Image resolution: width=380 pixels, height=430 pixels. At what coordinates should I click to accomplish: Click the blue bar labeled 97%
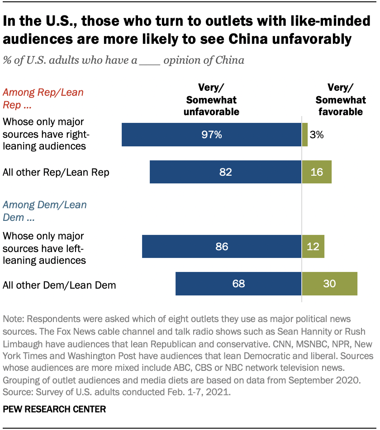tap(211, 135)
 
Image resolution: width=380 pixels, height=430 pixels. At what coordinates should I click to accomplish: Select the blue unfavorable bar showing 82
tap(225, 172)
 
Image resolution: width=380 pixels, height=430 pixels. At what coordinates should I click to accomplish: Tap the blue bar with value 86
tap(222, 247)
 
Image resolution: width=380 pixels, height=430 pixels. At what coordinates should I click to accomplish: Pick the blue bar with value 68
tap(238, 284)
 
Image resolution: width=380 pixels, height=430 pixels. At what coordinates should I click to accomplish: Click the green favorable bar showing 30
tap(329, 284)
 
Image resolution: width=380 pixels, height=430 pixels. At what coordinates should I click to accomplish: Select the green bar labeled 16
tap(317, 172)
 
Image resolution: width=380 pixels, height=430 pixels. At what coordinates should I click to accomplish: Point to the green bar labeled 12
tap(313, 247)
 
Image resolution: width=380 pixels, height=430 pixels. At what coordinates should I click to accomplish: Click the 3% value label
tap(316, 135)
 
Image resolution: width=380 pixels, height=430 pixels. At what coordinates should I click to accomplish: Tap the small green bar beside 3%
tap(305, 135)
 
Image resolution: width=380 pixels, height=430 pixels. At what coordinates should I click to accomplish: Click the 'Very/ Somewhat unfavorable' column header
tap(211, 99)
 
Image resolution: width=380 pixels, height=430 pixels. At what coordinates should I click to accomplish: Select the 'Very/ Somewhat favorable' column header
tap(339, 99)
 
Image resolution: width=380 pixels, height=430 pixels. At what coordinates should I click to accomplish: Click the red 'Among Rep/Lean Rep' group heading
tap(43, 98)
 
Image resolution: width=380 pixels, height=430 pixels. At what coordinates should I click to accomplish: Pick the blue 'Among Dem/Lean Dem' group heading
tap(44, 210)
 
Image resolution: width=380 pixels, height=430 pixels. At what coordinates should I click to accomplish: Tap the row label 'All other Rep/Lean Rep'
tap(56, 172)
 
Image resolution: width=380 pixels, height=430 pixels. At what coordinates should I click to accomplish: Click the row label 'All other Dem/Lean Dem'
tap(59, 285)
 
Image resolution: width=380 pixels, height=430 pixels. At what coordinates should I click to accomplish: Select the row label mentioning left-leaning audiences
tap(44, 248)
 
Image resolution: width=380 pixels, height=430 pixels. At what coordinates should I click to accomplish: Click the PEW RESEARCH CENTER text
tap(54, 409)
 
